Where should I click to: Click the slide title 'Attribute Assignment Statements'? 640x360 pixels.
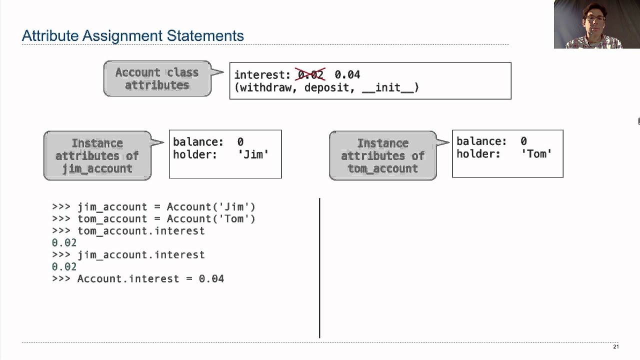[133, 36]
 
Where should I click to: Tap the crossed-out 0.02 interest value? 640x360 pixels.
[310, 74]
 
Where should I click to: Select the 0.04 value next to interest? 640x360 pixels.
[347, 74]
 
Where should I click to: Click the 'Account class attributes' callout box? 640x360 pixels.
[157, 78]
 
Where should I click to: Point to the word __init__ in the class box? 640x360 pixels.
[390, 87]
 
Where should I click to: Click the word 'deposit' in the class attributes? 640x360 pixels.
[326, 87]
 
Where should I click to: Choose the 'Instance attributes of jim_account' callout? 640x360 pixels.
[97, 155]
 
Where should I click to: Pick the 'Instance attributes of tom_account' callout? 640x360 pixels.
[382, 155]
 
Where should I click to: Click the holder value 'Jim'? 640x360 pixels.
[253, 154]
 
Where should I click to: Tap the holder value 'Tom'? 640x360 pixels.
[536, 154]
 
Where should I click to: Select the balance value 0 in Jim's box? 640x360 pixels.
[240, 142]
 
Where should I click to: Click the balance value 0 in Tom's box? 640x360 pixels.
[523, 141]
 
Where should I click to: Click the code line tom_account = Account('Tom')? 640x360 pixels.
[166, 218]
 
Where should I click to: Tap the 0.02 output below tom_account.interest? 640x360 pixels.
[64, 242]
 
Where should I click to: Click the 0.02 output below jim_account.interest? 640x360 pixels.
[64, 266]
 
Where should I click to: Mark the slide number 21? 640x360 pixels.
[615, 346]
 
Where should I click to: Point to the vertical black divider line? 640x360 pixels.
[319, 267]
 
